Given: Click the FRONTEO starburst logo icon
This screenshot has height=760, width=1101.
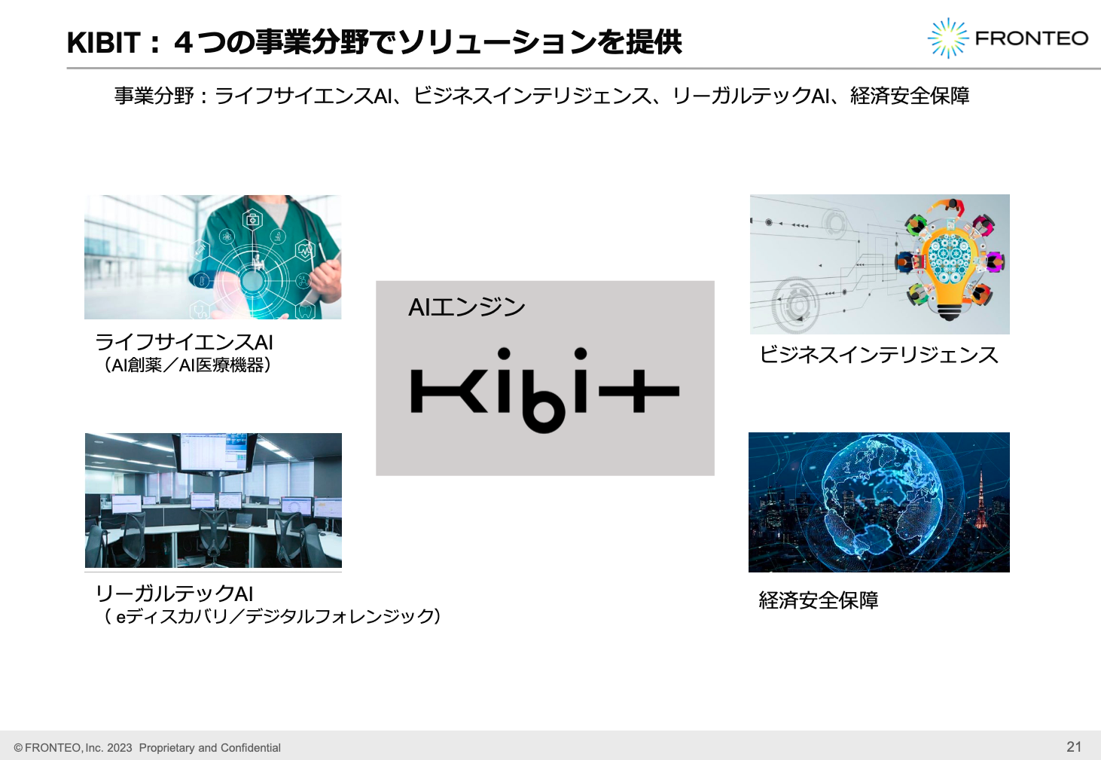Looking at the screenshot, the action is point(947,38).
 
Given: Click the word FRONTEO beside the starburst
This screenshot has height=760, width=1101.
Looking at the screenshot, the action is point(1031,38).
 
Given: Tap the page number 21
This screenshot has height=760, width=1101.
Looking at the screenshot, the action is point(1074,746).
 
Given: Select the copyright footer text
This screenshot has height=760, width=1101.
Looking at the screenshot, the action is point(148,748).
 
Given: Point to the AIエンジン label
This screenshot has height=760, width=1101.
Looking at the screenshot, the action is point(466,307).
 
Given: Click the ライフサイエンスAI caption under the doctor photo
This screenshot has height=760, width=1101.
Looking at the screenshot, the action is point(184,342).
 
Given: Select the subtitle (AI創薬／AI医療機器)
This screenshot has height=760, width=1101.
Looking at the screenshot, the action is point(186,365).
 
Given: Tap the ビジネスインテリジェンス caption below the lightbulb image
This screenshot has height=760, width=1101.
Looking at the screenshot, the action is point(879,355).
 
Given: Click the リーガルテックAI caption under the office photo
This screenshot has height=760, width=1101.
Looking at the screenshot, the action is point(174,594).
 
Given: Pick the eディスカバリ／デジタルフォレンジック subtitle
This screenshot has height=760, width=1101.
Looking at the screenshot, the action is point(273,616).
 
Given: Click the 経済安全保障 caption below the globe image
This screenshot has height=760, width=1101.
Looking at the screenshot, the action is point(819,600).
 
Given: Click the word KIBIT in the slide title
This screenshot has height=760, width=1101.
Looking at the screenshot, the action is point(104,43).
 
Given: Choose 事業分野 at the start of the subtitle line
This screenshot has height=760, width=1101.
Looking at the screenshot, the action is point(154,96).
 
